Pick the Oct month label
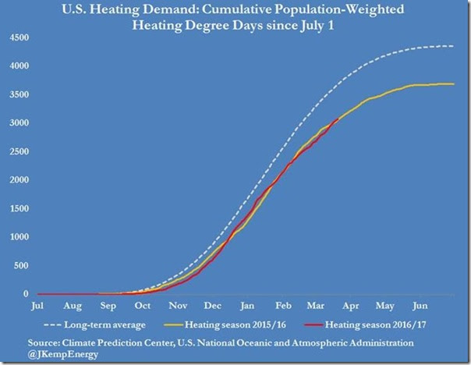143,307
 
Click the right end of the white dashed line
455,46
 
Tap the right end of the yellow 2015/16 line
455,83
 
